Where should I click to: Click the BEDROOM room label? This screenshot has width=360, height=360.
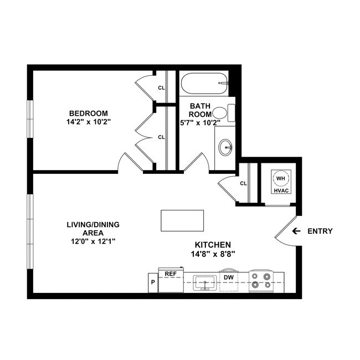pyautogui.click(x=85, y=113)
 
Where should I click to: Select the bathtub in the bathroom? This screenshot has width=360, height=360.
pyautogui.click(x=204, y=84)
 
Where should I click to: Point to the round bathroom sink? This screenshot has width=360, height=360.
pyautogui.click(x=225, y=147)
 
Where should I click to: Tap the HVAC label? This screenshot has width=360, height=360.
pyautogui.click(x=280, y=191)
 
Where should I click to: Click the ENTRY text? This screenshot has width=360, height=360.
pyautogui.click(x=320, y=231)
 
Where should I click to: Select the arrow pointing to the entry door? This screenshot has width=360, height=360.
pyautogui.click(x=296, y=231)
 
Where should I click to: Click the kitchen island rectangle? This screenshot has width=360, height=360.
pyautogui.click(x=182, y=220)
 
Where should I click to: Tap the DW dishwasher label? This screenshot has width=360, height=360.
pyautogui.click(x=228, y=277)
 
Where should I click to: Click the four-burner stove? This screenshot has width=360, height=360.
pyautogui.click(x=261, y=281)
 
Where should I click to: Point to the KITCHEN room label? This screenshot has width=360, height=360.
pyautogui.click(x=213, y=245)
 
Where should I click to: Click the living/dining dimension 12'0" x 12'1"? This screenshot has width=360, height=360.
pyautogui.click(x=93, y=242)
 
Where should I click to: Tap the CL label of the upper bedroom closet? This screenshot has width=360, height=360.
pyautogui.click(x=161, y=88)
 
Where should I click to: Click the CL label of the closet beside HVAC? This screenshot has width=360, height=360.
pyautogui.click(x=243, y=184)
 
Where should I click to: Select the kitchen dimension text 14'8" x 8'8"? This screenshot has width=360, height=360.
pyautogui.click(x=213, y=254)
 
